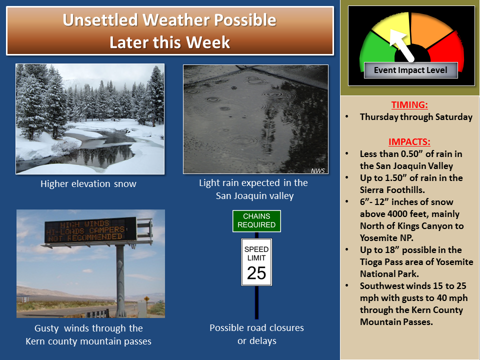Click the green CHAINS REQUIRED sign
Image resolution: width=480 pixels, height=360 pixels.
pos(256,220)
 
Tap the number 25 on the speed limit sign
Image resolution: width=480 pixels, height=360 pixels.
pos(256,273)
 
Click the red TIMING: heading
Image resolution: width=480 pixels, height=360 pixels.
pos(409,105)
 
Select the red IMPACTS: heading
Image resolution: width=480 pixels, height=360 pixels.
pos(409,142)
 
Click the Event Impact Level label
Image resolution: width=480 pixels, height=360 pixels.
pos(410,70)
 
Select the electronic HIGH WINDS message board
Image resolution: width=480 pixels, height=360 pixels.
pos(90,230)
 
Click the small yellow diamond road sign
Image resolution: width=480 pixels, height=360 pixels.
pos(147,298)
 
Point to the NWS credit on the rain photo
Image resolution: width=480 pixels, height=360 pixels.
pos(318,170)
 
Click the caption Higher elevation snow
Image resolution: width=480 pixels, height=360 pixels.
pos(88,183)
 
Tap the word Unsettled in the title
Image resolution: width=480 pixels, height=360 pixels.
pos(100,20)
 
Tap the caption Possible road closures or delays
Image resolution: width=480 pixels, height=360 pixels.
pos(257,334)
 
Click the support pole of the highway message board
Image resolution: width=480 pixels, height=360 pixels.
pos(120,280)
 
